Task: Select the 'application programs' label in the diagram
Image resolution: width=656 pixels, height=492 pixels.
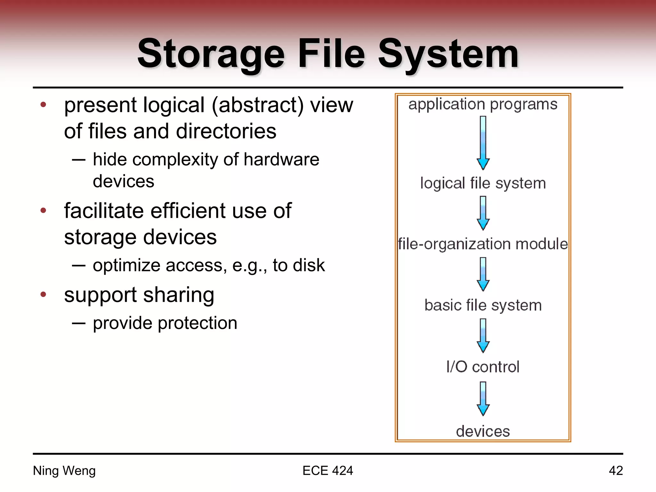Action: click(x=483, y=104)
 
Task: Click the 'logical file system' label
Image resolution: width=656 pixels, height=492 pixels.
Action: click(x=483, y=184)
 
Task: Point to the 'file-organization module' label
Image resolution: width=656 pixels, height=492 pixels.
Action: click(x=483, y=244)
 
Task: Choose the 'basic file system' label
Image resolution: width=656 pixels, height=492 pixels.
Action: click(x=483, y=305)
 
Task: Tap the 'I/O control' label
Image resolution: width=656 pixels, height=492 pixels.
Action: click(x=483, y=367)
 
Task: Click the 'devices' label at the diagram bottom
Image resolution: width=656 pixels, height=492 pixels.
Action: click(x=483, y=431)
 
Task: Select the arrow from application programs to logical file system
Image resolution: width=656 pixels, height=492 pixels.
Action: click(x=483, y=143)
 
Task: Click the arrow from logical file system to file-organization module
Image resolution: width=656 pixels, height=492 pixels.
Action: click(x=483, y=213)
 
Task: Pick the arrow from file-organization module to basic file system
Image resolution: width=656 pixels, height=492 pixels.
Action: click(x=483, y=274)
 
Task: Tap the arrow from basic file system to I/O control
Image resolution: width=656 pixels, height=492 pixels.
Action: click(x=483, y=336)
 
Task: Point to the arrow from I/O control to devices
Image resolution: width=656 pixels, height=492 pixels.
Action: click(x=483, y=399)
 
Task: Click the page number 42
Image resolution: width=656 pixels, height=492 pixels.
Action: click(x=616, y=471)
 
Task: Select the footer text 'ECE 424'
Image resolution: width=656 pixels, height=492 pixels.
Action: click(x=328, y=471)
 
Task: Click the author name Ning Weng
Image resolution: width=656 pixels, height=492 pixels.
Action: click(x=64, y=471)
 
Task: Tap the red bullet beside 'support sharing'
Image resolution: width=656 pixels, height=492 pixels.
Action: click(x=44, y=294)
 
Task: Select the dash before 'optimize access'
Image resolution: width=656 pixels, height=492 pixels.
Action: click(x=79, y=265)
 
